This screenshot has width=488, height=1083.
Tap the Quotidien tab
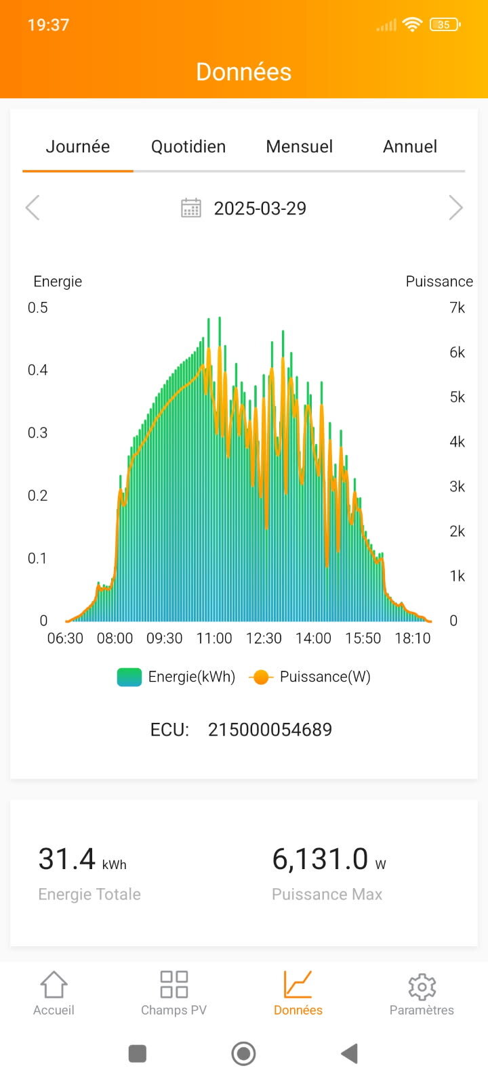click(188, 147)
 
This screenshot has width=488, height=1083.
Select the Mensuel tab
click(299, 147)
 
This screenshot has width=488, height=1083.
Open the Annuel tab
click(409, 147)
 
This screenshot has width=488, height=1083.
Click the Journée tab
click(78, 147)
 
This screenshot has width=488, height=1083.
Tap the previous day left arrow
click(33, 208)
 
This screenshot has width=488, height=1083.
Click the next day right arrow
click(455, 208)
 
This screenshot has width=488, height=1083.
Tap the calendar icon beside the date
click(191, 208)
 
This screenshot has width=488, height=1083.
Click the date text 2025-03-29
click(260, 208)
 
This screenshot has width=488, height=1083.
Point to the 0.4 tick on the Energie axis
click(38, 370)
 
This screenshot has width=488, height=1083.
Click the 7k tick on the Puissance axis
click(457, 308)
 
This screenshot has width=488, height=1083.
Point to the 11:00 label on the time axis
click(214, 638)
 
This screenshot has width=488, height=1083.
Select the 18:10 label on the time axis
click(412, 638)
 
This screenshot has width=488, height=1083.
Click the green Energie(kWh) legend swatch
click(129, 677)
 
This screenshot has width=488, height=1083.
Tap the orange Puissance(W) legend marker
click(261, 677)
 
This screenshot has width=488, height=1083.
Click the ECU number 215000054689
click(270, 730)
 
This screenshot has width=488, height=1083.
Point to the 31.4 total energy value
click(67, 859)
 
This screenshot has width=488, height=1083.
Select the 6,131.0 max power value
click(320, 859)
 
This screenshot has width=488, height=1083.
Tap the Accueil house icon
click(54, 985)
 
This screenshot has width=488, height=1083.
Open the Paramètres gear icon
click(422, 987)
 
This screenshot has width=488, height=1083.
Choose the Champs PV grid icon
click(174, 984)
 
